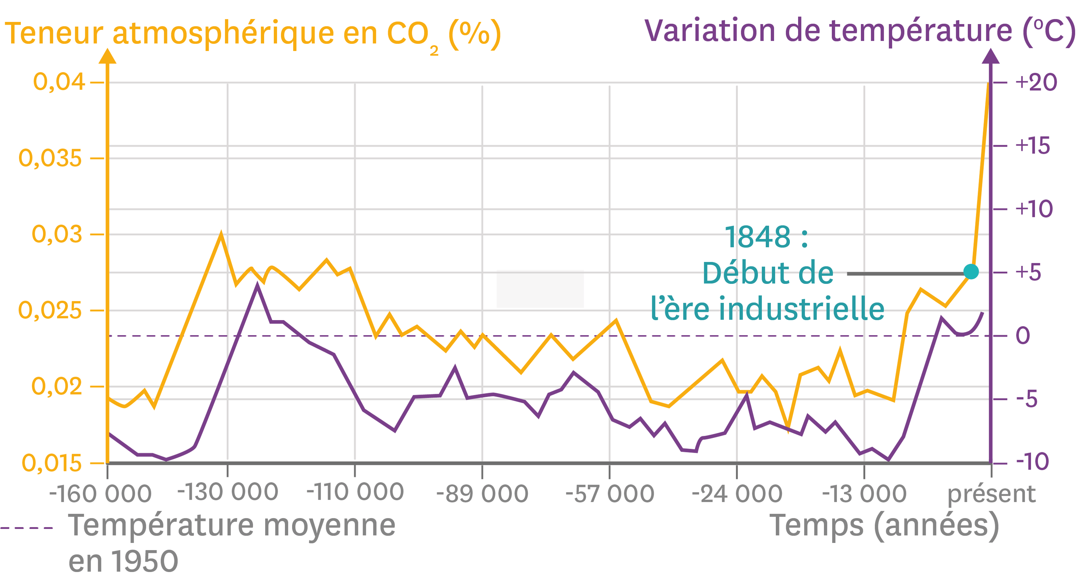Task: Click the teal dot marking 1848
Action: coord(971,272)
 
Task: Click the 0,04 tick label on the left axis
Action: coord(59,82)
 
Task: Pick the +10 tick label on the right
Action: coord(1034,209)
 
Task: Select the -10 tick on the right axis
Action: coord(1032,462)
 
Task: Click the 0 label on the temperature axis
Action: coord(1023,336)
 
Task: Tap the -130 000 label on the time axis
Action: coord(228,492)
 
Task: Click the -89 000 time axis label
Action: coord(482,494)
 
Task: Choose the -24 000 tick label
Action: coord(737,494)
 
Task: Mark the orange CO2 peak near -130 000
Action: coord(221,234)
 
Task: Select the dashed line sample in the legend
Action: coord(26,528)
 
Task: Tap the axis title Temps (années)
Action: coord(884,526)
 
